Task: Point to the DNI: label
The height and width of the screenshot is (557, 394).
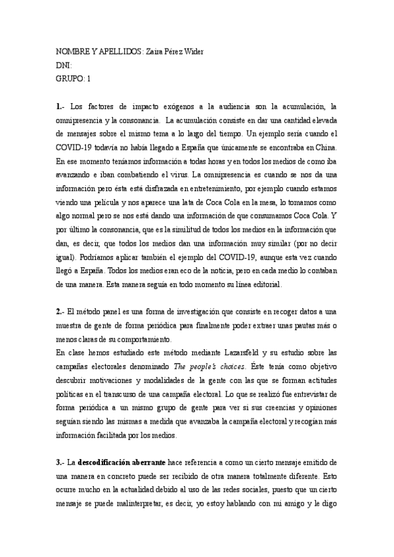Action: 64,66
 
